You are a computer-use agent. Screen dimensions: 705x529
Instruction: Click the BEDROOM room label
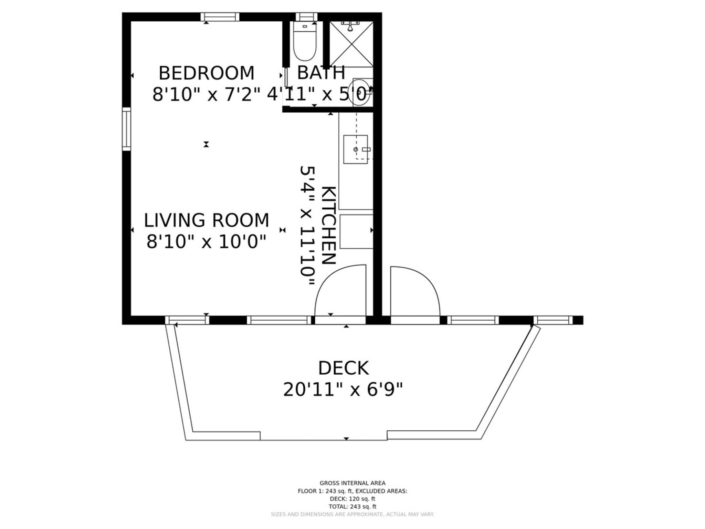[207, 73]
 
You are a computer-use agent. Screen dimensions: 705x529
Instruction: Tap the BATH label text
[321, 72]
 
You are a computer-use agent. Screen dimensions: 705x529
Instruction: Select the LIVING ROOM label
[207, 220]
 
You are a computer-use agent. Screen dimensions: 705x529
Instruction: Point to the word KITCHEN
[328, 225]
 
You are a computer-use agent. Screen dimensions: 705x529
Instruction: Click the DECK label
[343, 368]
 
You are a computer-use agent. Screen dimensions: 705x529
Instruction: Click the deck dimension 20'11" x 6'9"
[343, 390]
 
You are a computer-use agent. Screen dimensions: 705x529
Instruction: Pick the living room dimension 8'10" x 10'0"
[207, 242]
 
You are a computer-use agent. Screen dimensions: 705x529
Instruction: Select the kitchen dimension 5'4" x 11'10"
[307, 226]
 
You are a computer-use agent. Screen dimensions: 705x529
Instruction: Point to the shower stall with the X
[351, 44]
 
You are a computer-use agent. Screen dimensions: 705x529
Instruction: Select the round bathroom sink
[360, 92]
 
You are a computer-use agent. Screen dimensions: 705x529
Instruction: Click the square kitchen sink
[356, 149]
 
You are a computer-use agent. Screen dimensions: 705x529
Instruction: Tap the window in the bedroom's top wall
[220, 17]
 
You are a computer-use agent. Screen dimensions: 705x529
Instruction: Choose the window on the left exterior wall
[127, 129]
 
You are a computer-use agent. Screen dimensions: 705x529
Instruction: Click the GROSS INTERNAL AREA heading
[352, 483]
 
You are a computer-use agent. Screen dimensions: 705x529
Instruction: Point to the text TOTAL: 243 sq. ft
[352, 507]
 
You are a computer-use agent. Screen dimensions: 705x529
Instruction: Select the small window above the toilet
[307, 17]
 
